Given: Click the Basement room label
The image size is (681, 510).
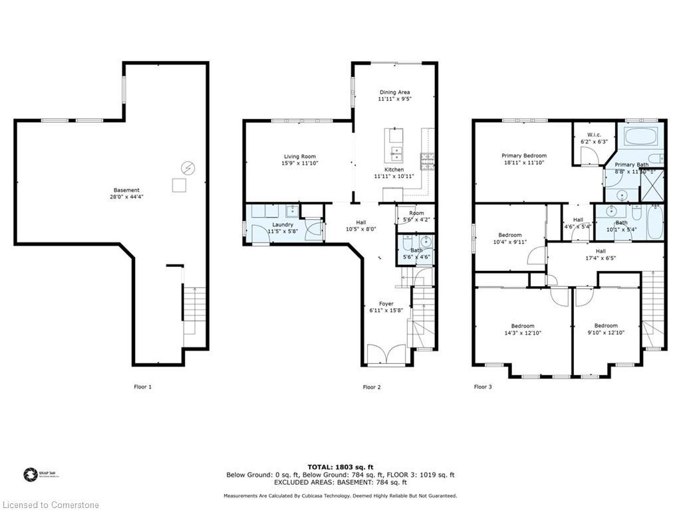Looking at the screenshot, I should pyautogui.click(x=126, y=189).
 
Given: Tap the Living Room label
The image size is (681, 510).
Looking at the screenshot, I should pyautogui.click(x=299, y=157).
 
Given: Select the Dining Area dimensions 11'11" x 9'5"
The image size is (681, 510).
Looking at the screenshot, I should pyautogui.click(x=394, y=99).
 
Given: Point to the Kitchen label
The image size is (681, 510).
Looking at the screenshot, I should pyautogui.click(x=394, y=169).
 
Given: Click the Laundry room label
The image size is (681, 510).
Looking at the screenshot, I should pyautogui.click(x=283, y=224).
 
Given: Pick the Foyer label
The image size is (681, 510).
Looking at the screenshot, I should pyautogui.click(x=386, y=303).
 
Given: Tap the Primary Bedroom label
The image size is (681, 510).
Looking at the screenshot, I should pyautogui.click(x=524, y=155).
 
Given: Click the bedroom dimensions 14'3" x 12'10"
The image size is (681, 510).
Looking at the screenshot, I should pyautogui.click(x=523, y=333).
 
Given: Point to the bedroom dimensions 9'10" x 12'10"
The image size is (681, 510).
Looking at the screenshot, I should pyautogui.click(x=605, y=333).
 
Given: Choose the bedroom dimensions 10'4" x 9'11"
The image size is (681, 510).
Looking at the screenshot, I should pyautogui.click(x=510, y=242).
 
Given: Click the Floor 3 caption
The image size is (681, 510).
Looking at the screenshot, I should pyautogui.click(x=483, y=386).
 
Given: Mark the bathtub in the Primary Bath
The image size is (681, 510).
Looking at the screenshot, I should pyautogui.click(x=641, y=137).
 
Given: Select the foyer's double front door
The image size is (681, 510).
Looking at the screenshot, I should pyautogui.click(x=386, y=355).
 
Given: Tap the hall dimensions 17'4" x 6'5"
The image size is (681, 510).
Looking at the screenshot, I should pyautogui.click(x=601, y=258).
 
